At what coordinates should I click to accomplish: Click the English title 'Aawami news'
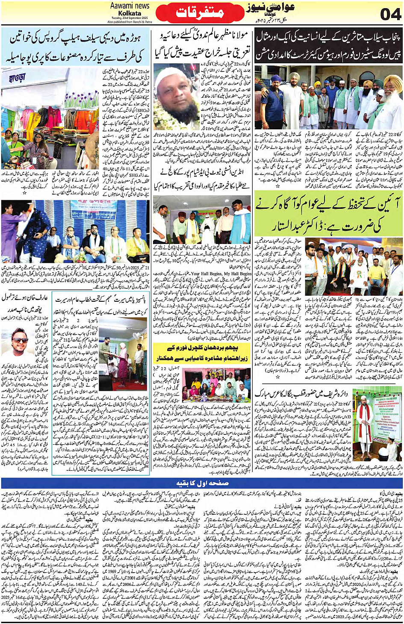(x=130, y=6)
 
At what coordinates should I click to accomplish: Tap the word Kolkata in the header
(x=130, y=13)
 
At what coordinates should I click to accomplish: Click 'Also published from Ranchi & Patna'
(x=130, y=21)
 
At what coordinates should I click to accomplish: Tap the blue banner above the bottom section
(x=202, y=483)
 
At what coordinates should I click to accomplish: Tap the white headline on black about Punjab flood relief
(x=328, y=46)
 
